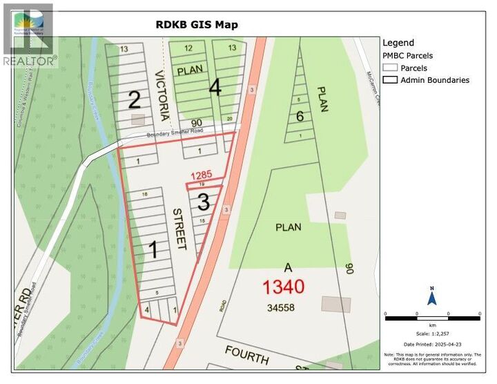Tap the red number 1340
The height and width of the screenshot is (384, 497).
[284, 285]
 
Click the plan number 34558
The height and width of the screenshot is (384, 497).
[283, 306]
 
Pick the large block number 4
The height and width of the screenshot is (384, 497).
[215, 88]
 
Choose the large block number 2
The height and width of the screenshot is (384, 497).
[135, 101]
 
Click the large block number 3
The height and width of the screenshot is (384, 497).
[204, 202]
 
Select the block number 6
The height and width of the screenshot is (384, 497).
[300, 116]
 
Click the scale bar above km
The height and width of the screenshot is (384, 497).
[432, 317]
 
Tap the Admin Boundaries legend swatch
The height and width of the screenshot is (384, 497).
[390, 80]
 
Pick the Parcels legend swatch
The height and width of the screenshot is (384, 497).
[390, 68]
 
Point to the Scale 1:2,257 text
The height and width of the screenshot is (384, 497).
[432, 332]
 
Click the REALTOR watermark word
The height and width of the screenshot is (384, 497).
[30, 61]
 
